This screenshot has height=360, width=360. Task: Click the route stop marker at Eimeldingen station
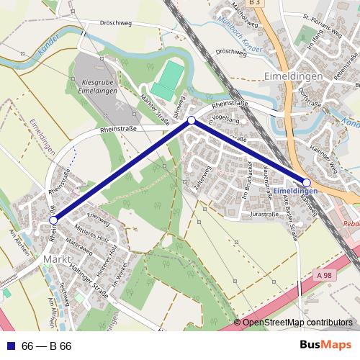click(x=307, y=184)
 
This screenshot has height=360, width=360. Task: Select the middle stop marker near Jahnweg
click(x=191, y=121)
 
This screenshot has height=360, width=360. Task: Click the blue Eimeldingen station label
click(x=296, y=191)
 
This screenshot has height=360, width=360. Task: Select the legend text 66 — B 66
click(x=47, y=346)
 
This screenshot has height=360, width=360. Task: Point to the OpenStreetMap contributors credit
click(x=297, y=323)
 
